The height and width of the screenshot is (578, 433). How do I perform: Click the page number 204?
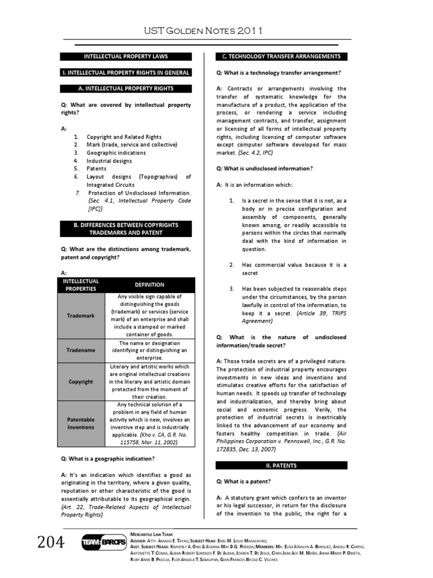click(x=52, y=543)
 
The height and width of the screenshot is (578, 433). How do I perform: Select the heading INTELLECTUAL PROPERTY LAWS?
click(x=126, y=56)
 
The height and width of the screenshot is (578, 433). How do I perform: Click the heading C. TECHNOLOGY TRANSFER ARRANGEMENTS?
click(x=282, y=56)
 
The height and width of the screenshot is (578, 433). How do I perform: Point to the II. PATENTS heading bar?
click(x=282, y=466)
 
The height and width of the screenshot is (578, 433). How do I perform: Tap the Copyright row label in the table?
click(x=81, y=382)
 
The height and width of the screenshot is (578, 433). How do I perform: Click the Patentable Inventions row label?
click(x=81, y=423)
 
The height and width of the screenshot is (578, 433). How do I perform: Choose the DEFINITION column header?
click(x=149, y=285)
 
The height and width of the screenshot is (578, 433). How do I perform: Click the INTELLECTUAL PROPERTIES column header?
click(x=81, y=285)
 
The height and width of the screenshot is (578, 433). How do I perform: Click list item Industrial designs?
click(x=109, y=160)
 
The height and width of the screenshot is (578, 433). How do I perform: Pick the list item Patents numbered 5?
click(x=96, y=168)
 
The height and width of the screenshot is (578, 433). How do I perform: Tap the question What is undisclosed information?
click(x=264, y=169)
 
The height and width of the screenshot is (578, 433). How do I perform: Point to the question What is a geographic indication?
click(x=107, y=458)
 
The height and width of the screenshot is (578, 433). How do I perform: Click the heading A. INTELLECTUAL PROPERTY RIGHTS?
click(x=126, y=89)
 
